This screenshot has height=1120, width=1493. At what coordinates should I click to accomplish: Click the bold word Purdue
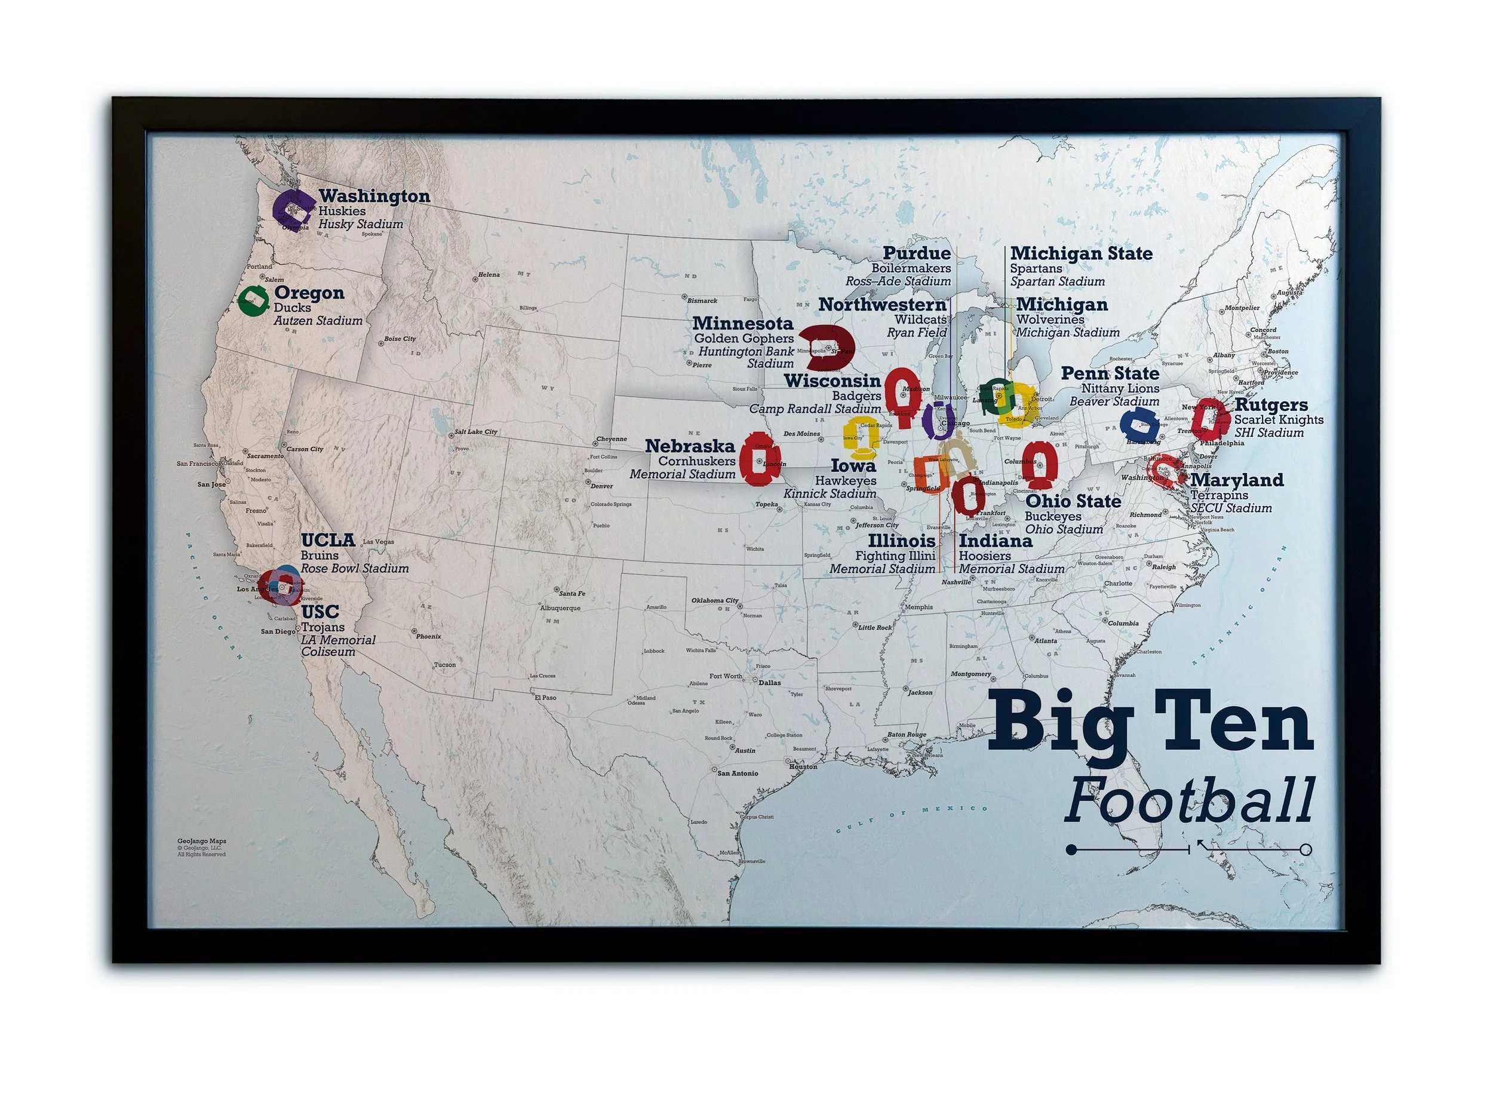(917, 253)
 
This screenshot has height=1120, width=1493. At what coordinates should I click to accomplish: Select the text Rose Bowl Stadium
(354, 569)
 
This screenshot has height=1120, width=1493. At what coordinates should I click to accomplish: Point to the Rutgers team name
(1271, 404)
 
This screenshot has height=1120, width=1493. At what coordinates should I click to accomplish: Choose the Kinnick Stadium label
(830, 493)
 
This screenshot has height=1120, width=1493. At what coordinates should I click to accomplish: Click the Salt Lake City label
(475, 431)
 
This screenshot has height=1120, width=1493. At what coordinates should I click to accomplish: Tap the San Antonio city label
(737, 773)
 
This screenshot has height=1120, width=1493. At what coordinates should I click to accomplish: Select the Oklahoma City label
(714, 600)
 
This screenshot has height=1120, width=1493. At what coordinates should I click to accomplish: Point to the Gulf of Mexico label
(911, 818)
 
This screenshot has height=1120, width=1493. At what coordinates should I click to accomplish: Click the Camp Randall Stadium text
(815, 409)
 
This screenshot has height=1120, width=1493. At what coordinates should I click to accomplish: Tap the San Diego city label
(279, 631)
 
